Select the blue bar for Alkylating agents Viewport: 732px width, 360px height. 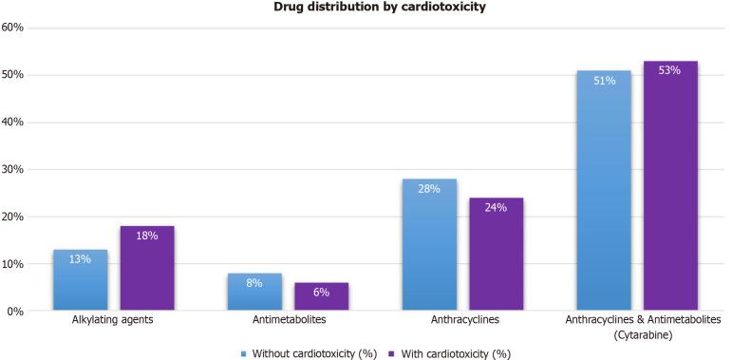point(80,280)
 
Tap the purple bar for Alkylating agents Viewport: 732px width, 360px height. point(146,269)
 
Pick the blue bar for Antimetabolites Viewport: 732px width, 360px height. point(254,293)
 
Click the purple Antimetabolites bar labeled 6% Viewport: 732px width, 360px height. point(321,296)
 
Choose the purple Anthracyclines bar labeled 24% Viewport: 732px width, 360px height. point(496,255)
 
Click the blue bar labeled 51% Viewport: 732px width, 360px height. point(604,190)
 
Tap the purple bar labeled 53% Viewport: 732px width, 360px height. point(670,186)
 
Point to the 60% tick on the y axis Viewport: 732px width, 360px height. point(13,28)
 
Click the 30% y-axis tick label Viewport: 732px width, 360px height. point(13,170)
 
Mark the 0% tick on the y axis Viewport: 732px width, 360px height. point(16,312)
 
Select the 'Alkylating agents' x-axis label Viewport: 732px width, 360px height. point(113,321)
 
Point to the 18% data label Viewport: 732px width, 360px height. point(146,235)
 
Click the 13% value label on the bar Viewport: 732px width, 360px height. point(80,258)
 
